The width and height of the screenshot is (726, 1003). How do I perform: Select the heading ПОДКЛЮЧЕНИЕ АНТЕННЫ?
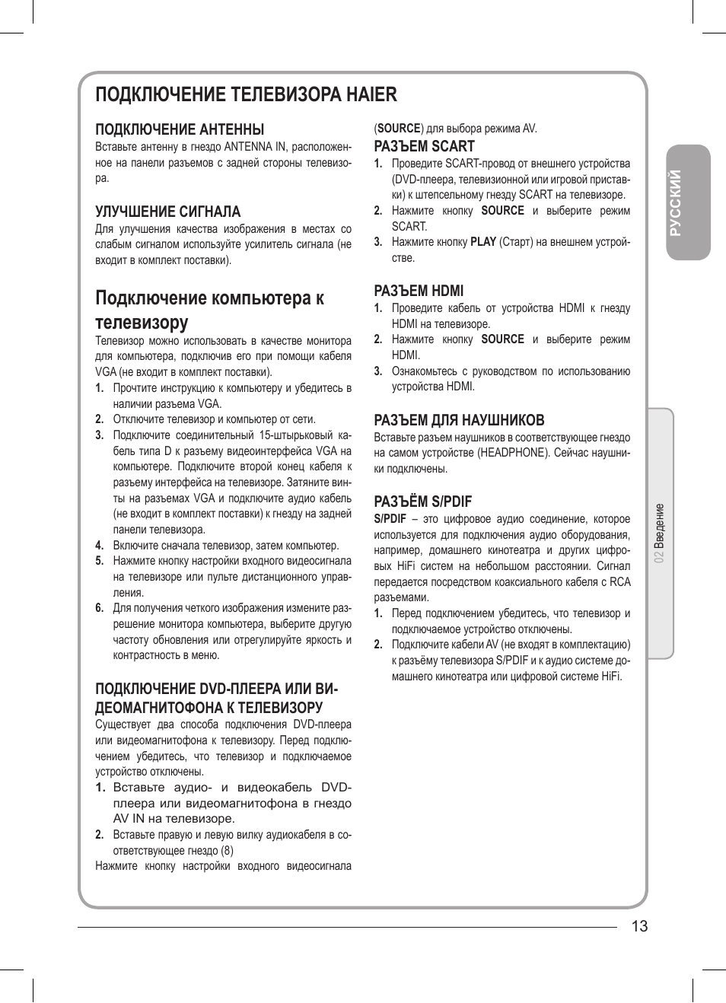pyautogui.click(x=180, y=129)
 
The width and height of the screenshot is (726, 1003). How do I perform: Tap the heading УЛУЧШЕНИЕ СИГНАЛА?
pyautogui.click(x=167, y=212)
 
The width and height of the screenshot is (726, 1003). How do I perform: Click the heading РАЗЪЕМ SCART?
pyautogui.click(x=424, y=146)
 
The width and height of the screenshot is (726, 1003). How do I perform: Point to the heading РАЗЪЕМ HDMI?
pyautogui.click(x=419, y=291)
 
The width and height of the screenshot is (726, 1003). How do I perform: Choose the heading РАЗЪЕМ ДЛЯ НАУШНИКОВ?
pyautogui.click(x=459, y=420)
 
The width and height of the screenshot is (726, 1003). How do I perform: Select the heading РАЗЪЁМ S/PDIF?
pyautogui.click(x=422, y=502)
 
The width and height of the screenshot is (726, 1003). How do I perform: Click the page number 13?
pyautogui.click(x=639, y=926)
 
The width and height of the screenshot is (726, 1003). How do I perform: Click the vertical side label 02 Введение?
pyautogui.click(x=660, y=533)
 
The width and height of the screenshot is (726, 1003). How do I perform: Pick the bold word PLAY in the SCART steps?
pyautogui.click(x=483, y=242)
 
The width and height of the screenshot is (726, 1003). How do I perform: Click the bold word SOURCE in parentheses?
pyautogui.click(x=399, y=129)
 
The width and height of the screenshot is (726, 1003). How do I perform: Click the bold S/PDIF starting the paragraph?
pyautogui.click(x=390, y=519)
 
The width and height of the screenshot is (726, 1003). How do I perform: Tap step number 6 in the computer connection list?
pyautogui.click(x=99, y=608)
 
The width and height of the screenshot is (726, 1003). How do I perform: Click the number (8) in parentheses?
pyautogui.click(x=227, y=851)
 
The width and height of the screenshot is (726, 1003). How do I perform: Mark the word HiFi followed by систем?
pyautogui.click(x=406, y=566)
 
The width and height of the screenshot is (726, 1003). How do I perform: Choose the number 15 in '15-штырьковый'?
pyautogui.click(x=266, y=435)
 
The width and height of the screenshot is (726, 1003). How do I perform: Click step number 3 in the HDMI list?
pyautogui.click(x=377, y=371)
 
